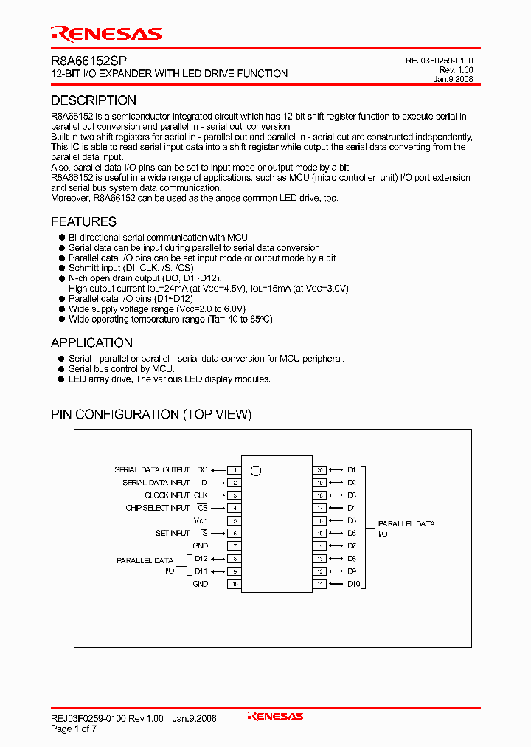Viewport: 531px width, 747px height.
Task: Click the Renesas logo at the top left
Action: point(105,34)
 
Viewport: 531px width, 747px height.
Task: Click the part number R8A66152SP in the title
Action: point(83,62)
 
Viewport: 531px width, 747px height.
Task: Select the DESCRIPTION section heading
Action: point(93,100)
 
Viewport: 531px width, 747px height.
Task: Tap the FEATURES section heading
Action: point(83,221)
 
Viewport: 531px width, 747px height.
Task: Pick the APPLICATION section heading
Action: point(91,342)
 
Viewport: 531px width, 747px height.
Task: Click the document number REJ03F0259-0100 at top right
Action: point(439,61)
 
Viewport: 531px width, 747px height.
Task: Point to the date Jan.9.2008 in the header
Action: point(453,79)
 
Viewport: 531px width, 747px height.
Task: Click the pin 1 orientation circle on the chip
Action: point(256,470)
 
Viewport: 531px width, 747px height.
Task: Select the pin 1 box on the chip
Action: point(235,470)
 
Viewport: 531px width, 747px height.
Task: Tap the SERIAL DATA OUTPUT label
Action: point(152,470)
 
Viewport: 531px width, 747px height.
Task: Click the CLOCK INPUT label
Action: point(167,495)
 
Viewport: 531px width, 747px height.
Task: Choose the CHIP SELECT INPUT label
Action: point(158,508)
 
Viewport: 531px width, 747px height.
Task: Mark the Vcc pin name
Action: point(201,521)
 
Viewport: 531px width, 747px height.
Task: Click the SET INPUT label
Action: point(173,533)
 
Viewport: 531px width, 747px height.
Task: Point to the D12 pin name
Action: point(201,559)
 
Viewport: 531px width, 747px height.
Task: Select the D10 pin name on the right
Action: point(353,584)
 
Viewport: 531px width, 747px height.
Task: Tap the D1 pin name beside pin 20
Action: point(352,470)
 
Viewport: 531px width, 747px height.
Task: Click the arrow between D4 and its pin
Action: point(336,508)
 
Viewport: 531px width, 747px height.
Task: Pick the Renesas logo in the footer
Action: point(275,716)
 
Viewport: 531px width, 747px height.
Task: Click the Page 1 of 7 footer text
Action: point(74,729)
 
